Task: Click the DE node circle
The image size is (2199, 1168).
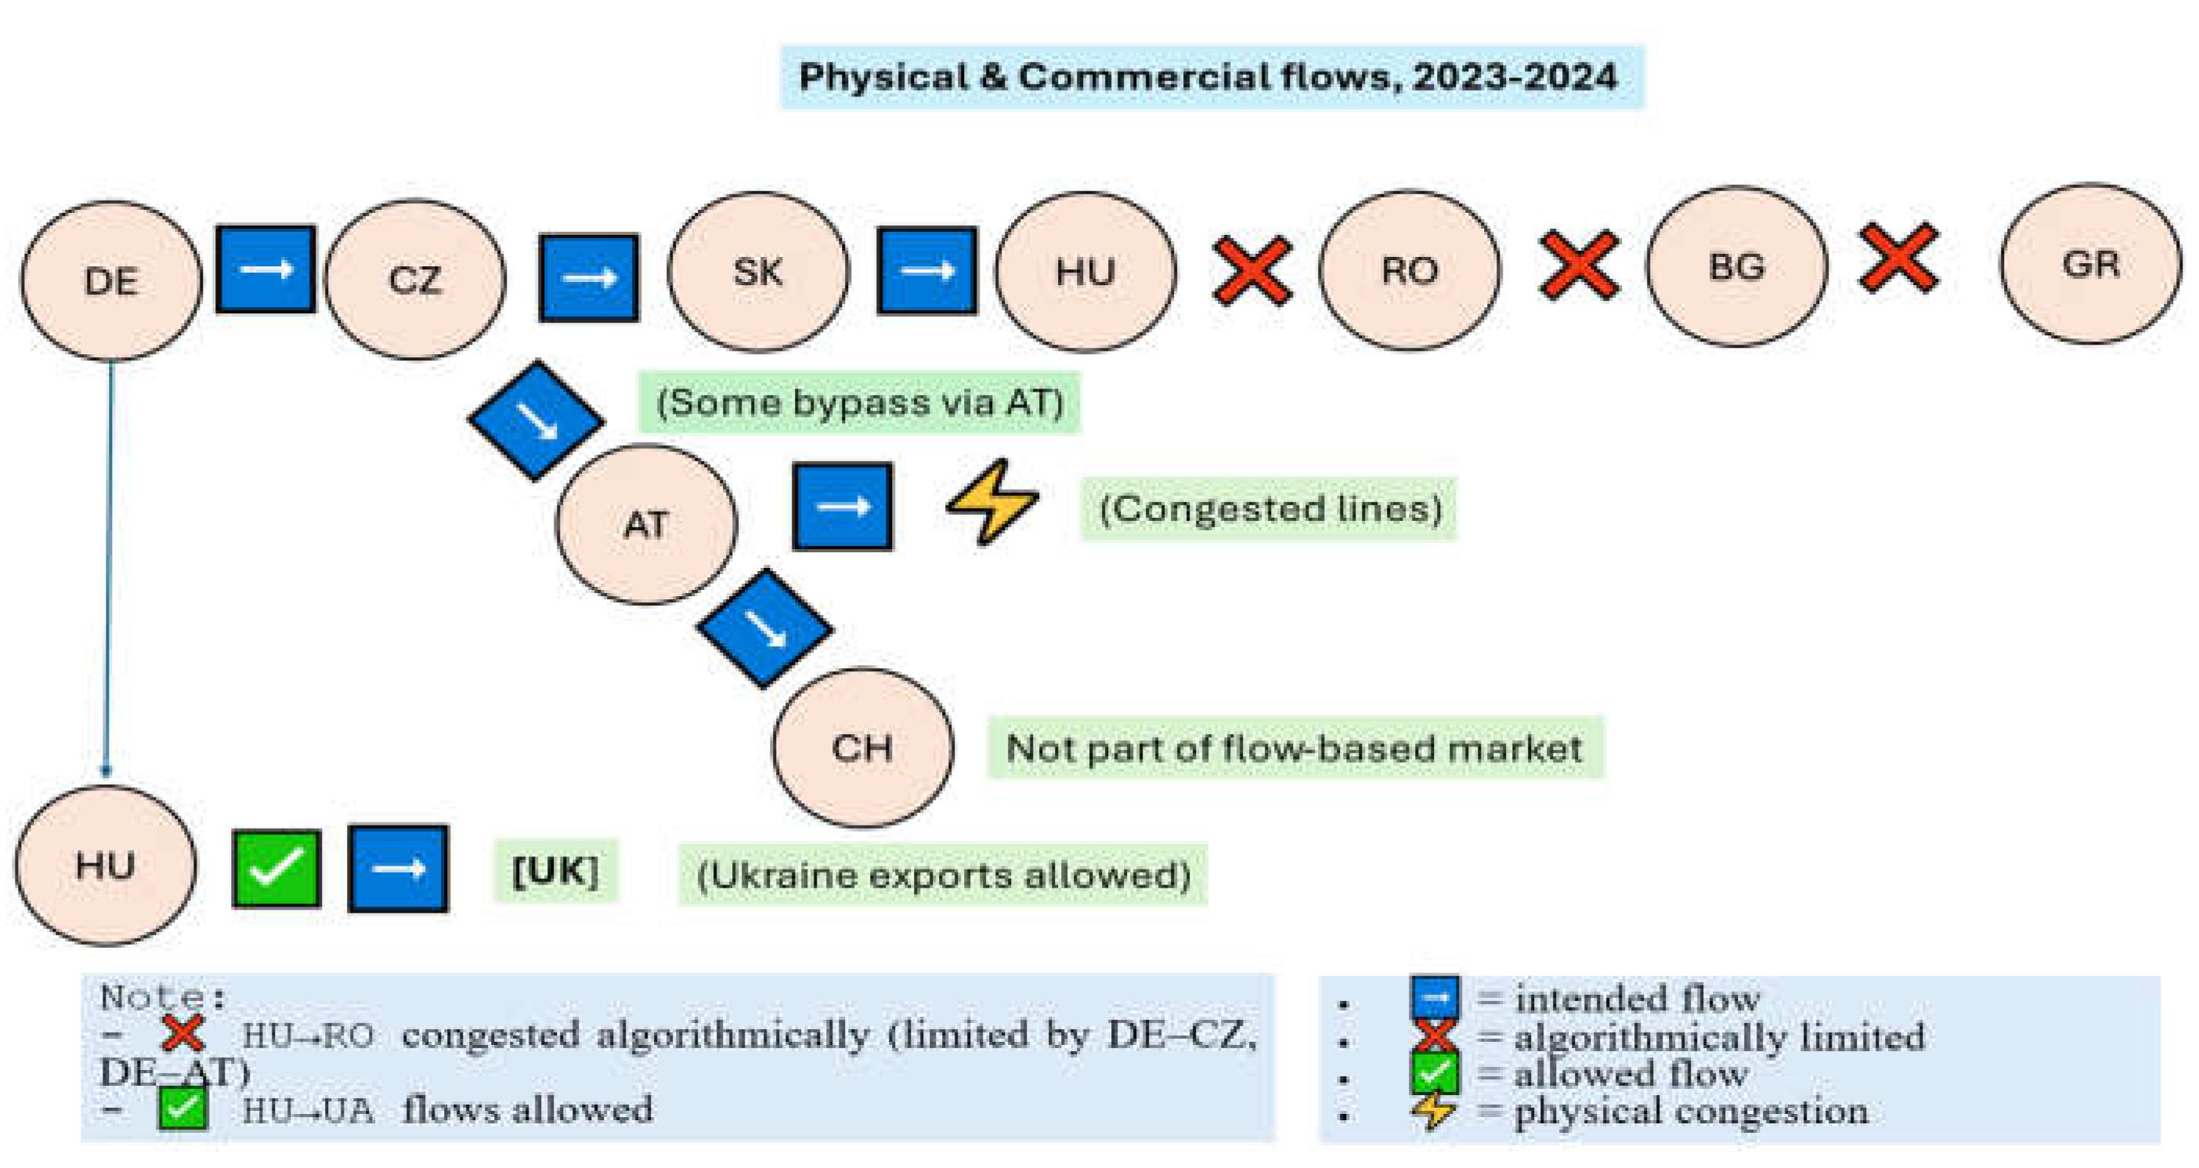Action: [111, 280]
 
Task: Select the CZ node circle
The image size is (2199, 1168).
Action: [415, 278]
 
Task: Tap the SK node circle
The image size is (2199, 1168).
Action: [758, 272]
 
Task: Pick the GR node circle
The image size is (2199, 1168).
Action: [2089, 264]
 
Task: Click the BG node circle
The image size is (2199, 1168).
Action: [1736, 266]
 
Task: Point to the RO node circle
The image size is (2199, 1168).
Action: [1410, 269]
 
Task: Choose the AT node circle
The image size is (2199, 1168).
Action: [645, 524]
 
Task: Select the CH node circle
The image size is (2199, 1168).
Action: [862, 748]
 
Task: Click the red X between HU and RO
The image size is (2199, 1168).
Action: [1252, 271]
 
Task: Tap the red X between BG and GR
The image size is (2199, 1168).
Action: [1898, 258]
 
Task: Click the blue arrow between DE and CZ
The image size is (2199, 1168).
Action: [265, 269]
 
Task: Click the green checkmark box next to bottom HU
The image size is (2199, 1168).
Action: [276, 868]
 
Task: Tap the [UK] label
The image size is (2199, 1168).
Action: [556, 871]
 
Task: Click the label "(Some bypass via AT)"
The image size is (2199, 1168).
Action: [860, 402]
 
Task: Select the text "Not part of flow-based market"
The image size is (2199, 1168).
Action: [1294, 748]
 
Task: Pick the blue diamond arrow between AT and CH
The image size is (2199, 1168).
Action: [765, 628]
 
